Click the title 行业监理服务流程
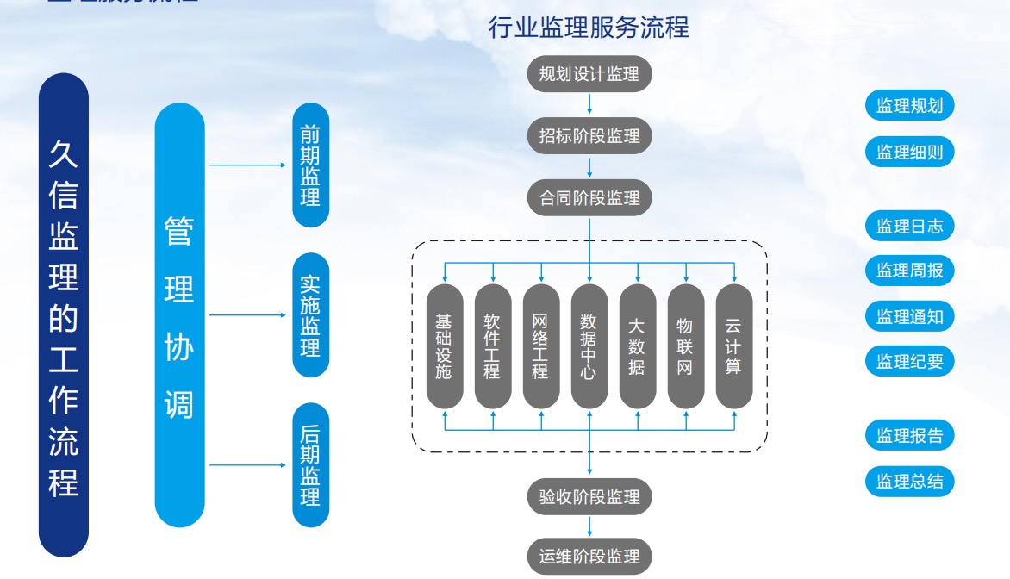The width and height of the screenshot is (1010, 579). [589, 28]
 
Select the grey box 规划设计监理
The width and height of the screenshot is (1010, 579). [589, 74]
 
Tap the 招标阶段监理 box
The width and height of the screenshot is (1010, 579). [589, 136]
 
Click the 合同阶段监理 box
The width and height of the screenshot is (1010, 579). [589, 198]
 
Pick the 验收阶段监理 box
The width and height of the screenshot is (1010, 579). [589, 497]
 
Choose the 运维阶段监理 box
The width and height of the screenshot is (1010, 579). [589, 557]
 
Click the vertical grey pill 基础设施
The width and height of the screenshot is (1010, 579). [445, 346]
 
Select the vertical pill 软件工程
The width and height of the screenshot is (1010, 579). [493, 346]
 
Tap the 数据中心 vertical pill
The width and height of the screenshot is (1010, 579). [589, 346]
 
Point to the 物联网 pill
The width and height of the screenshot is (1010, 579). [686, 346]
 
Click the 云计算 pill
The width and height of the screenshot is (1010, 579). [734, 346]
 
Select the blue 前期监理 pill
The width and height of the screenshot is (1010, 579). [310, 165]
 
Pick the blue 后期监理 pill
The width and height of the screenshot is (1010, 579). [310, 465]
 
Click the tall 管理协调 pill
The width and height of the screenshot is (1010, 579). [179, 315]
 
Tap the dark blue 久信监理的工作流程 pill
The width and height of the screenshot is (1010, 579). [64, 315]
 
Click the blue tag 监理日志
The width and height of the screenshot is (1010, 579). [909, 227]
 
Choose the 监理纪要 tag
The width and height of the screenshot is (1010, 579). [909, 362]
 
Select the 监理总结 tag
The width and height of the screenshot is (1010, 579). [909, 481]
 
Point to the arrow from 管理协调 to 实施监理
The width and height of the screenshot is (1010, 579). [247, 315]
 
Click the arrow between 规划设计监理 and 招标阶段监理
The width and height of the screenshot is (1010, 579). [589, 103]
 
